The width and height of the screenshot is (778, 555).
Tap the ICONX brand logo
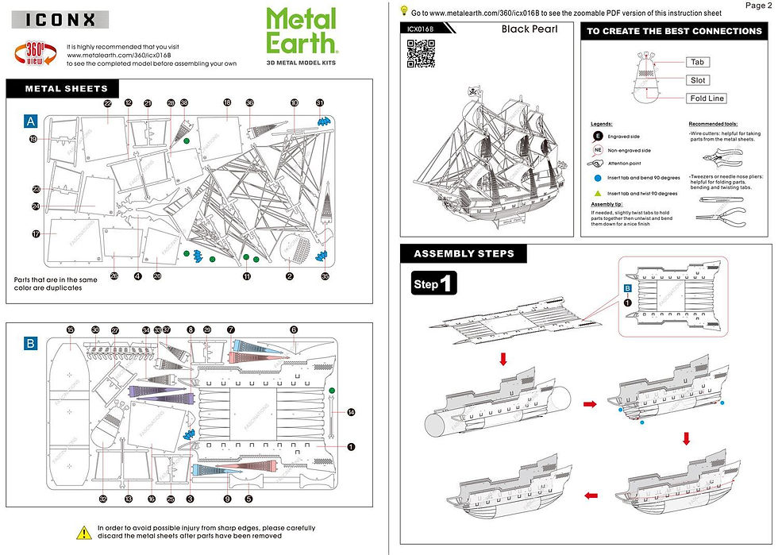[x=57, y=19]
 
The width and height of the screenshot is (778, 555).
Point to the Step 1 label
[x=433, y=284]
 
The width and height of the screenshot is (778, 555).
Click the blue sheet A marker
[x=30, y=121]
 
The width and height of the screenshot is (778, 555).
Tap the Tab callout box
[x=697, y=62]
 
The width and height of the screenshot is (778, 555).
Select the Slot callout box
[x=697, y=80]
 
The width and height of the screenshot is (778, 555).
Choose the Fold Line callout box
[x=706, y=98]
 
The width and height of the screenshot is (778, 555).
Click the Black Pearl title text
[x=530, y=29]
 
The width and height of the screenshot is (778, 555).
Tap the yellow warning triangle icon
[x=83, y=531]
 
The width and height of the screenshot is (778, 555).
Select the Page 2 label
[x=758, y=6]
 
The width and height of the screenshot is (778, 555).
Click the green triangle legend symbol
[x=597, y=193]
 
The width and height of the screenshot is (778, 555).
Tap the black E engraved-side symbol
[x=597, y=137]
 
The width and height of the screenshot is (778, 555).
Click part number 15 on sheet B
[x=71, y=330]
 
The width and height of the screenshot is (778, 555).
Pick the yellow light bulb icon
[x=404, y=11]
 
